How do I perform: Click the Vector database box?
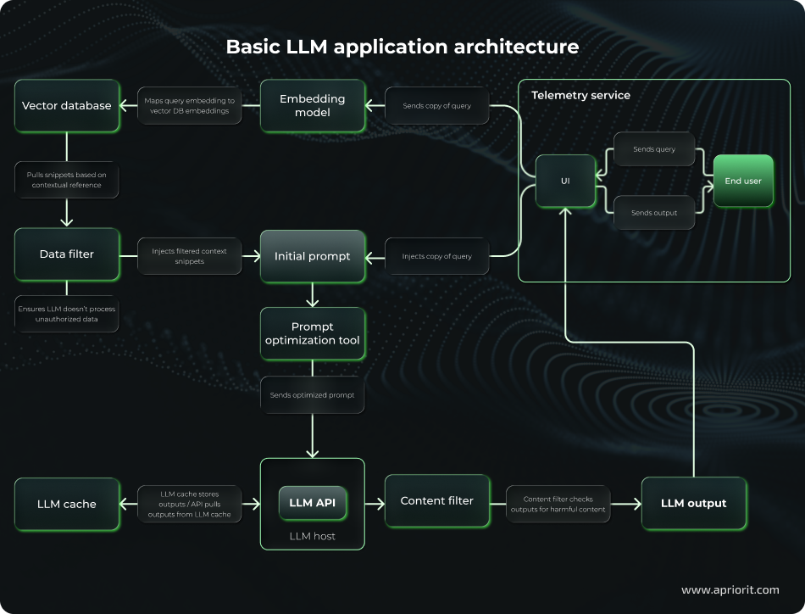[x=67, y=106]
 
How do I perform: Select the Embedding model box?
[x=312, y=106]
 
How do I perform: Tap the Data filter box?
[x=67, y=254]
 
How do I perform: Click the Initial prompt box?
[x=312, y=256]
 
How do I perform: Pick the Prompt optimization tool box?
[x=312, y=333]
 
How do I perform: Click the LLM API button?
[x=313, y=503]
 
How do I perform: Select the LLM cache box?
[x=67, y=504]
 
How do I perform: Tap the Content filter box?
[x=436, y=501]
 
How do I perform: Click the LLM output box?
[x=693, y=503]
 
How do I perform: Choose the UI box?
[x=565, y=181]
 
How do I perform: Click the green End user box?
[x=743, y=181]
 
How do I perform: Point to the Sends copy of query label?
[x=437, y=106]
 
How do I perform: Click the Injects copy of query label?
[x=437, y=256]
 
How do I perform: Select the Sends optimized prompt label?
[x=312, y=395]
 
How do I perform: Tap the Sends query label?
[x=654, y=149]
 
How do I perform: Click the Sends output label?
[x=654, y=213]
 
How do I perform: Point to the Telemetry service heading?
[x=580, y=95]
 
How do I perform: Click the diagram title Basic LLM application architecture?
[x=402, y=47]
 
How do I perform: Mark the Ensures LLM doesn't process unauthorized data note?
[x=67, y=314]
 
